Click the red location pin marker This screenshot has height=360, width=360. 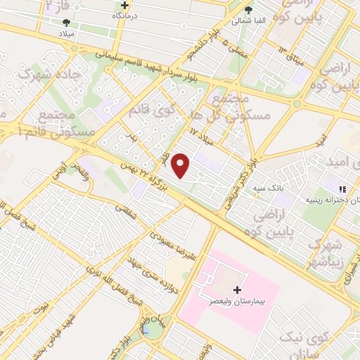181,165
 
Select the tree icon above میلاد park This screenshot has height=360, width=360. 66,22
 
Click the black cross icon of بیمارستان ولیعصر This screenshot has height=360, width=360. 237,290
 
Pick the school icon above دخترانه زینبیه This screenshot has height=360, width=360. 343,188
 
